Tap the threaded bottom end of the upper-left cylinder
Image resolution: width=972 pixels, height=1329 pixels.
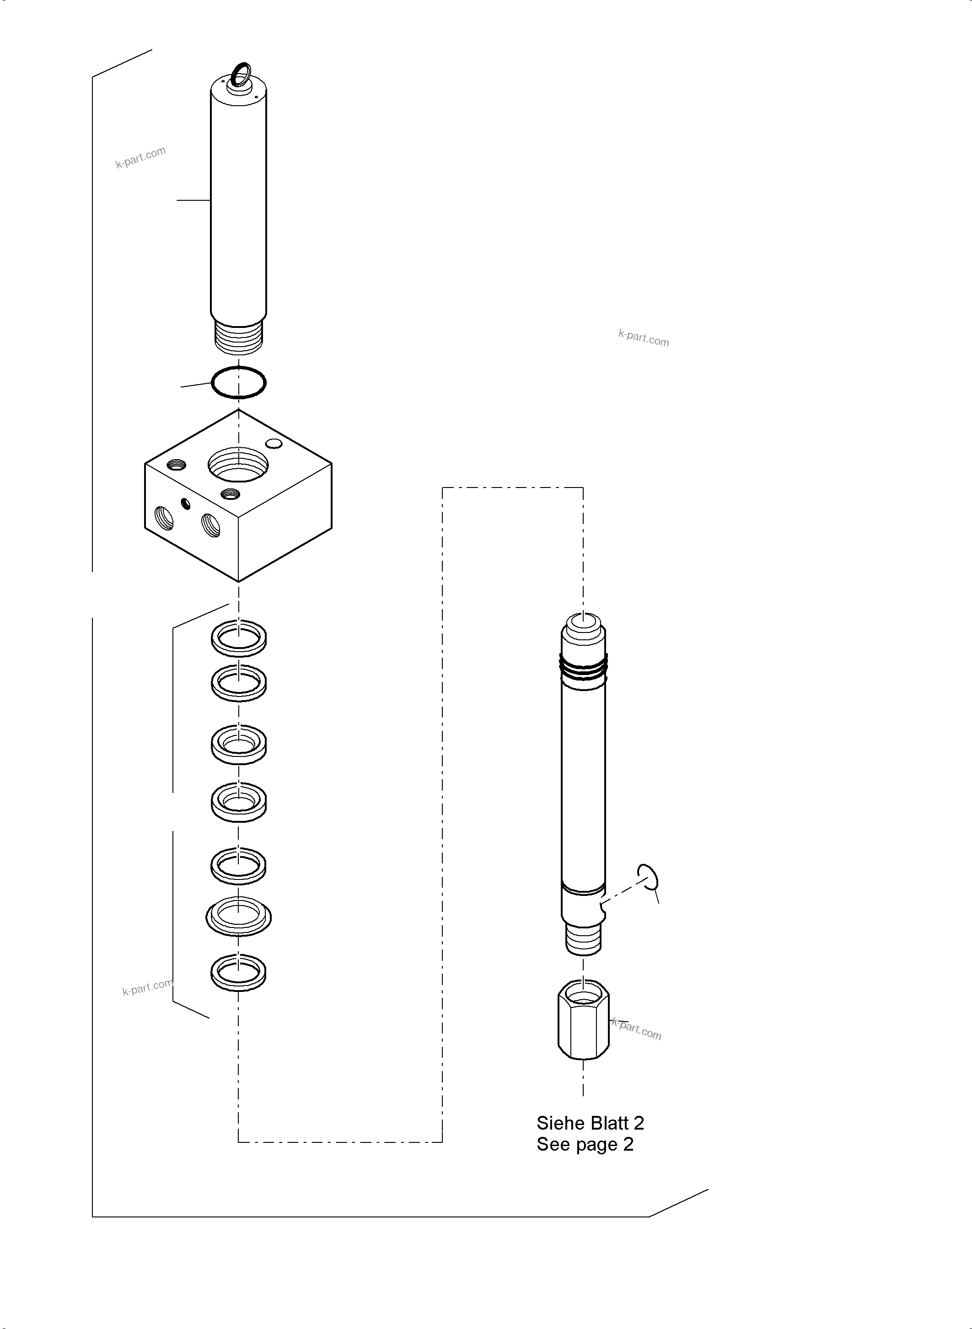click(239, 337)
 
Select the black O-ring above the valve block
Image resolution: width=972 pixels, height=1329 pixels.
click(238, 382)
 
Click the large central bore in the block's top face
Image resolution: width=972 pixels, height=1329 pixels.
click(238, 464)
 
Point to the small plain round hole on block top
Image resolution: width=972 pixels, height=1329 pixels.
click(274, 443)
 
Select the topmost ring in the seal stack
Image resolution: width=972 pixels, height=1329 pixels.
click(238, 637)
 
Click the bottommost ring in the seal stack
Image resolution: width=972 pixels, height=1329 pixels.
click(238, 972)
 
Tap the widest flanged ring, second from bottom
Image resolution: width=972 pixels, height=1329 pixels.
click(238, 916)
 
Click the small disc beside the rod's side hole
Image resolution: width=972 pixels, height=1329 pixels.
click(647, 879)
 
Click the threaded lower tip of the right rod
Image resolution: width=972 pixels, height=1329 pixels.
click(583, 938)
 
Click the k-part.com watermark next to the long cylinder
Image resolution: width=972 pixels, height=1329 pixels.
click(140, 157)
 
